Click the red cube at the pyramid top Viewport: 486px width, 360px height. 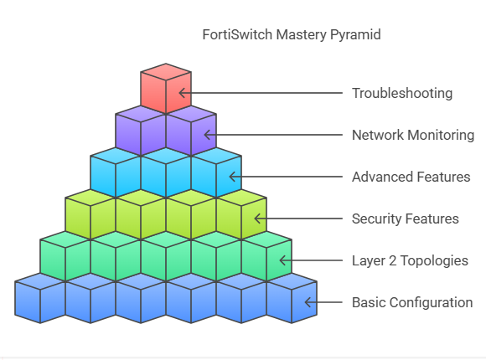coord(166,88)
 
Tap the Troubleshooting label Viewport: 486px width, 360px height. coord(402,93)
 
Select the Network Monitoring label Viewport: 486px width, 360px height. coord(413,135)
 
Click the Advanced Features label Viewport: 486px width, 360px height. coord(411,177)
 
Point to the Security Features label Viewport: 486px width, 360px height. coord(405,219)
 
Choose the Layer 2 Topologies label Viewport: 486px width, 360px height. coord(410,260)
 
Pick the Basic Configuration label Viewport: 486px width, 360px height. coord(412,302)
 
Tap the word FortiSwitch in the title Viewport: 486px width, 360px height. coord(237,34)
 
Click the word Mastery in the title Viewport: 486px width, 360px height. coord(301,34)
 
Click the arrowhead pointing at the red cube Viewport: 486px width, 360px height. coord(183,93)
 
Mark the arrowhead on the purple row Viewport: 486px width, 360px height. coord(207,135)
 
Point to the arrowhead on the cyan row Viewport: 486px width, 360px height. coord(232,177)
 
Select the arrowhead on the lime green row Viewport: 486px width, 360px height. coord(257,219)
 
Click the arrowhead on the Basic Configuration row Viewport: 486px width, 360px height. coord(308,302)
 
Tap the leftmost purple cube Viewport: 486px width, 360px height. coord(141,131)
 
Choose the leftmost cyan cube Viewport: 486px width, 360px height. coord(116,172)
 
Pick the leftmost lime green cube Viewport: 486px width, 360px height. coord(90,214)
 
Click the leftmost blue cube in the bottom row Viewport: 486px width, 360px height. coord(40,298)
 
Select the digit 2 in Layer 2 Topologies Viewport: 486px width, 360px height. coord(392,261)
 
